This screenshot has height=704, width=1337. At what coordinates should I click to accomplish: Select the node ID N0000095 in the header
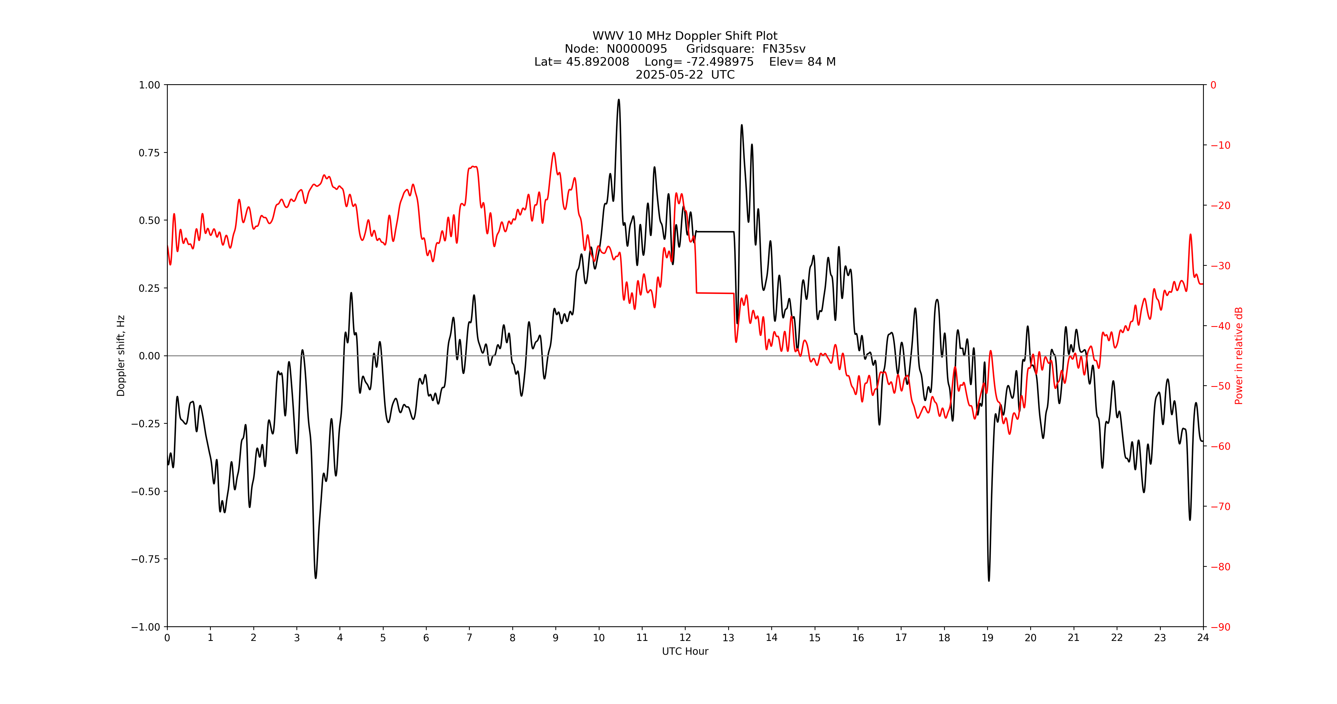[x=637, y=49]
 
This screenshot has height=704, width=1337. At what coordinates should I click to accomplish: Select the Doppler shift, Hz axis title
[x=121, y=356]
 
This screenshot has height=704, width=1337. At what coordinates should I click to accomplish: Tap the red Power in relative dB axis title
[x=1239, y=356]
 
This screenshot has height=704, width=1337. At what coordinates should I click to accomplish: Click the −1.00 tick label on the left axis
[x=146, y=627]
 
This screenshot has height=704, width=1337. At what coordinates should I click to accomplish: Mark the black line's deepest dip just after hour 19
[x=989, y=580]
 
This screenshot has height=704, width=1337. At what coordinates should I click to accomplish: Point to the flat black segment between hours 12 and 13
[x=715, y=231]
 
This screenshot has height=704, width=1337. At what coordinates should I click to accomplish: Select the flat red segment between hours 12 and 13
[x=715, y=293]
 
